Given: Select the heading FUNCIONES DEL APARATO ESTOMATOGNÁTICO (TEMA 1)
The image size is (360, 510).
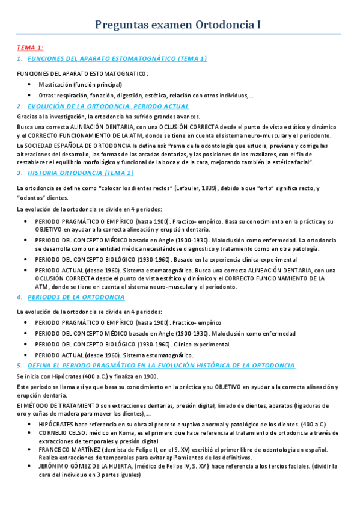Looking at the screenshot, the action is (x=117, y=58).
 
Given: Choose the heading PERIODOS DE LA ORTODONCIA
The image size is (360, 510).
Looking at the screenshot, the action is (x=76, y=297).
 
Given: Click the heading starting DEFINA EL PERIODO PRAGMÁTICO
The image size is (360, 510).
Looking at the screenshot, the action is (x=161, y=365).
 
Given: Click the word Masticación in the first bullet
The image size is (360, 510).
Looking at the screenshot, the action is (x=53, y=85).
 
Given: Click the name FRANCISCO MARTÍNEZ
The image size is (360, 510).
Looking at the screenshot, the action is (x=70, y=449).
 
